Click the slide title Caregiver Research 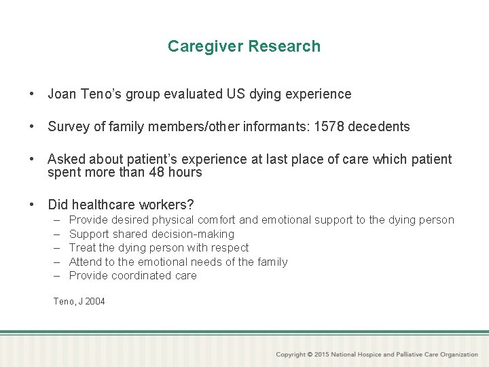244,46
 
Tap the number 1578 329,126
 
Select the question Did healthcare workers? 121,205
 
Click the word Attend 86,262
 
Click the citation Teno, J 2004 79,301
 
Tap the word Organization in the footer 458,355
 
